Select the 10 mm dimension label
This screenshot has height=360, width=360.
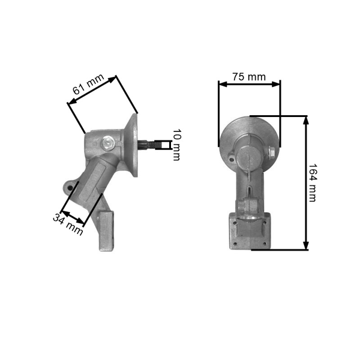176,145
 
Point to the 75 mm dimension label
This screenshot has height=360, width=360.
248,77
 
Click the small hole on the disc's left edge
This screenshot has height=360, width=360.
229,158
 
